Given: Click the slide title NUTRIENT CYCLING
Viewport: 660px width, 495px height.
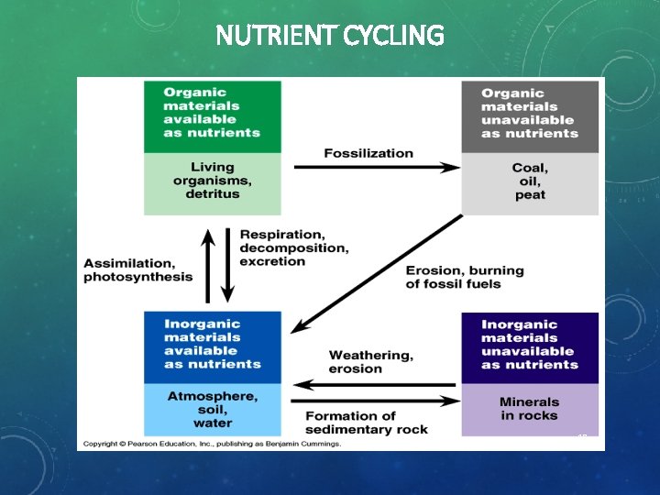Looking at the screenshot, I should [x=330, y=36].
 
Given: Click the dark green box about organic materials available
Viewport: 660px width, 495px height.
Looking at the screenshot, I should [x=212, y=114].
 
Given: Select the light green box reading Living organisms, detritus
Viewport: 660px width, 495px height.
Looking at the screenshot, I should [x=212, y=181].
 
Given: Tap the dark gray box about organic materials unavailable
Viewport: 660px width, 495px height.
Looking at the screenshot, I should [x=530, y=114].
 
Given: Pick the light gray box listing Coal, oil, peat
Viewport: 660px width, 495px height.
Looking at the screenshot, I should [x=530, y=181].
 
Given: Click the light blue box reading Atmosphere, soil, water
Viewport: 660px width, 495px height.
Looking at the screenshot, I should [x=212, y=409].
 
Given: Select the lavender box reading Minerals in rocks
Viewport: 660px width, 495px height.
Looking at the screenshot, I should [x=530, y=409].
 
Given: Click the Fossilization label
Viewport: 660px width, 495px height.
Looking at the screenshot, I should [x=368, y=153].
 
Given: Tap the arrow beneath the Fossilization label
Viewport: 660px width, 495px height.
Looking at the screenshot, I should [x=376, y=168].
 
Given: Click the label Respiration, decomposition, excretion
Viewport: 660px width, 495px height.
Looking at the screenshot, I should [x=293, y=247].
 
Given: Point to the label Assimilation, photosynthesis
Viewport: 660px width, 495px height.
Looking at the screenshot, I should [x=138, y=270].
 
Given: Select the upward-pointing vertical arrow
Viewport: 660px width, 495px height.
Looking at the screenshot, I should [x=209, y=266].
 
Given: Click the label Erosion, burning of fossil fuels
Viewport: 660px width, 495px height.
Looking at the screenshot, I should [x=465, y=277].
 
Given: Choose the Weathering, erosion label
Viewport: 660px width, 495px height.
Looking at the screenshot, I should [x=370, y=361].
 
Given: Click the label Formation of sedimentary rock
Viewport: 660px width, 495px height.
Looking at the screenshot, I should [x=366, y=423].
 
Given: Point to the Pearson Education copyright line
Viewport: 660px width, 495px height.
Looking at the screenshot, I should [x=212, y=444].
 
